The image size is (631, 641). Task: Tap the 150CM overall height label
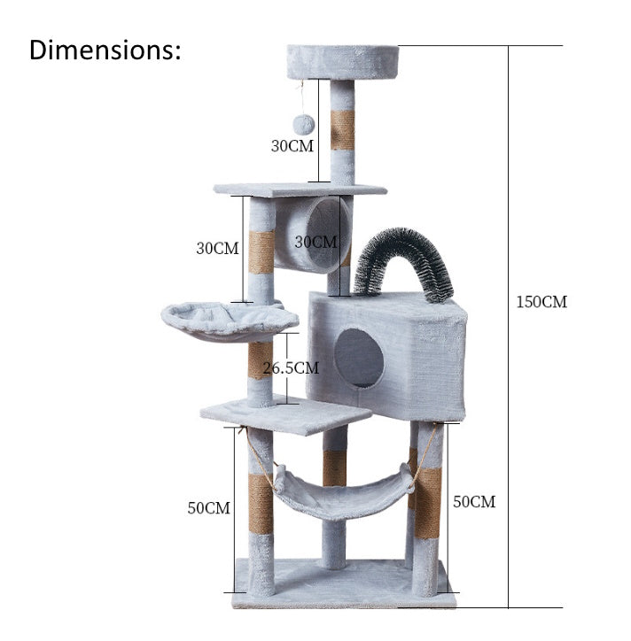(x=541, y=302)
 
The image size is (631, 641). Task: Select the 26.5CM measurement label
(x=290, y=367)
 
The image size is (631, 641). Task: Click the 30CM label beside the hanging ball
(x=292, y=146)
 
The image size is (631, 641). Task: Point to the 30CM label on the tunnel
(x=315, y=241)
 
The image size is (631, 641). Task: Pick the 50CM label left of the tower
(x=208, y=508)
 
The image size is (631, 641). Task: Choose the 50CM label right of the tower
(x=474, y=502)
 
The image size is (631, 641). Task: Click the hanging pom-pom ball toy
(x=303, y=124)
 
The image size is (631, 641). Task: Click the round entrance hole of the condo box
(x=359, y=358)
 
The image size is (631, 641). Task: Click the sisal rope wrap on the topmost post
(x=342, y=130)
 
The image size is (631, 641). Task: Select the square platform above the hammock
(x=284, y=413)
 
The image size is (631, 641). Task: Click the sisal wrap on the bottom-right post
(x=429, y=503)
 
